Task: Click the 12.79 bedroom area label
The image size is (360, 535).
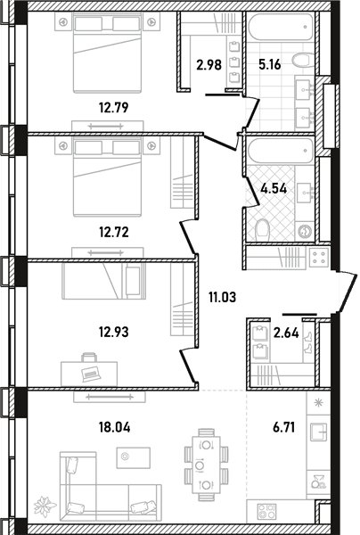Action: click(113, 108)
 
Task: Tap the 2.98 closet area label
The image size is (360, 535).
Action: click(209, 64)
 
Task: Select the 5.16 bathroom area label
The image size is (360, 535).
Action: click(270, 64)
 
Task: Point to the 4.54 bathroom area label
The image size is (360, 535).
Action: click(274, 188)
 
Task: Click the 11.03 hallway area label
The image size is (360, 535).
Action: click(222, 297)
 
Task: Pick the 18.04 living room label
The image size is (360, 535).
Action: click(115, 427)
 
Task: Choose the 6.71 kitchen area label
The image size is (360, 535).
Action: click(283, 427)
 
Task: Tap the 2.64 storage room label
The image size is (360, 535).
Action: click(286, 333)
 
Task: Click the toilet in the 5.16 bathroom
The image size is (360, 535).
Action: click(303, 61)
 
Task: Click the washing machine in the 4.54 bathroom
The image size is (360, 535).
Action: click(305, 232)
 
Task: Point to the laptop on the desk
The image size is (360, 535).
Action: click(91, 373)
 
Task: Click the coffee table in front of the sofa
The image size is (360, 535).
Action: click(134, 458)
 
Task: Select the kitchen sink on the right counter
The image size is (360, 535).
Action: click(319, 431)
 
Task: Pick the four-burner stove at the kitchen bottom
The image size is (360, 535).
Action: click(267, 512)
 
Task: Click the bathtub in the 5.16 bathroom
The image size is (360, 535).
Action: click(281, 26)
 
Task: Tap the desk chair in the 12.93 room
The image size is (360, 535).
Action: click(89, 358)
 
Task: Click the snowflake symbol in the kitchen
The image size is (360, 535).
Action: click(319, 403)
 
